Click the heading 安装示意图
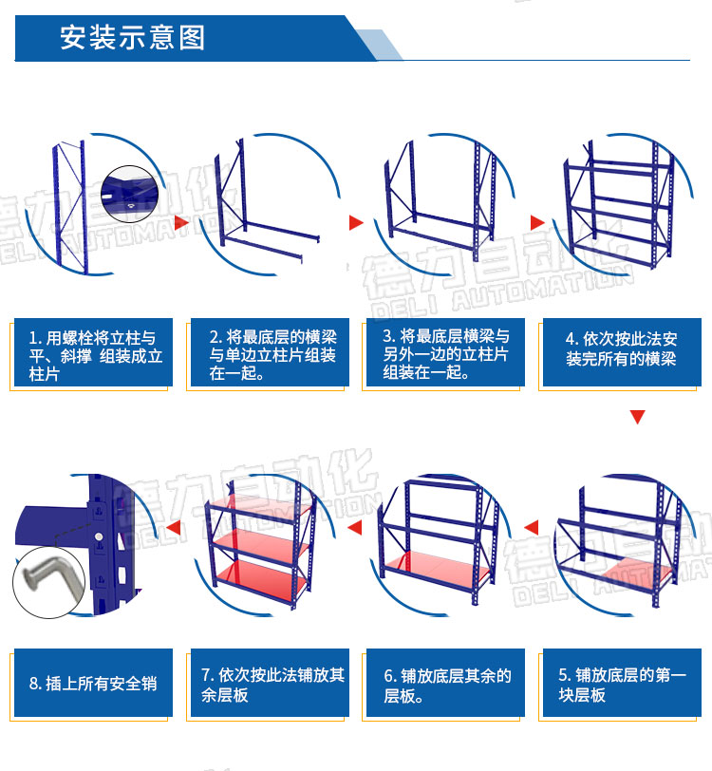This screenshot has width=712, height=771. pyautogui.click(x=132, y=38)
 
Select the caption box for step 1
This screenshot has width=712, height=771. pyautogui.click(x=93, y=352)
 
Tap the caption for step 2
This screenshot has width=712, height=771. pyautogui.click(x=270, y=352)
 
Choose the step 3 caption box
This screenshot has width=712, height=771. pyautogui.click(x=445, y=352)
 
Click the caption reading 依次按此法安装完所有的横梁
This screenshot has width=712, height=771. pyautogui.click(x=622, y=352)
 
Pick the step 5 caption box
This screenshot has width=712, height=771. pyautogui.click(x=622, y=683)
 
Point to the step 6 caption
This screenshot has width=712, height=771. pyautogui.click(x=445, y=683)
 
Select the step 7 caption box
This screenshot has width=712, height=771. pyautogui.click(x=270, y=683)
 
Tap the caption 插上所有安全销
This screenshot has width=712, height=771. pyautogui.click(x=93, y=683)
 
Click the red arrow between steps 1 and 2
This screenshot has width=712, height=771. pyautogui.click(x=181, y=222)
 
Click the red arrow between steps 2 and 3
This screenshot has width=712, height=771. pyautogui.click(x=356, y=222)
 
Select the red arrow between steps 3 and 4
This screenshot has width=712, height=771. pyautogui.click(x=537, y=222)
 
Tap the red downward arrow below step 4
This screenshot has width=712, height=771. pyautogui.click(x=637, y=417)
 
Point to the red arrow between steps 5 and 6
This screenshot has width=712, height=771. pyautogui.click(x=531, y=528)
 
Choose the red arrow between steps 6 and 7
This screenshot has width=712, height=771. pyautogui.click(x=354, y=528)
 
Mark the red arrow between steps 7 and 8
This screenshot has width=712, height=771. pyautogui.click(x=173, y=528)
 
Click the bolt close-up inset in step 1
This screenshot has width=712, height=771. pyautogui.click(x=130, y=194)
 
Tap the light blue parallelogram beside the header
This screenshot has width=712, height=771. pyautogui.click(x=379, y=45)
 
